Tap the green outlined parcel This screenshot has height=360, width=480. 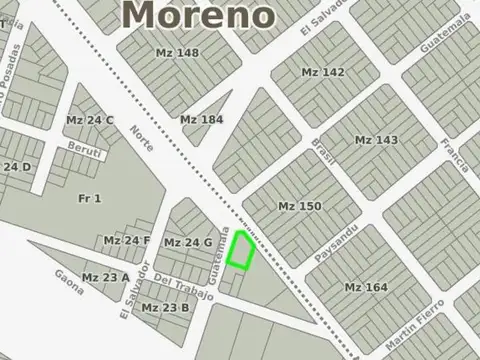click(x=240, y=250)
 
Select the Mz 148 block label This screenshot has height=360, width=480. click(x=177, y=52)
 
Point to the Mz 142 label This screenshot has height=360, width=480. click(x=322, y=72)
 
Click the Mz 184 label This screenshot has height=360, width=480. click(x=201, y=120)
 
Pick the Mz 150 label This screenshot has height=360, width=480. click(x=300, y=206)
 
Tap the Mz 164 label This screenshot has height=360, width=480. click(x=366, y=287)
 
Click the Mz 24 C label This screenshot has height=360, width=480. click(x=90, y=120)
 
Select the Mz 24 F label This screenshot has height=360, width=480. click(x=127, y=241)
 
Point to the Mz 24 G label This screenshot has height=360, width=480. click(x=188, y=242)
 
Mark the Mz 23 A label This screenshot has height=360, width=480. click(x=106, y=277)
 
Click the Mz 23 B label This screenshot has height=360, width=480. click(x=164, y=307)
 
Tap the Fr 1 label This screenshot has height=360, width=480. click(x=90, y=198)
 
